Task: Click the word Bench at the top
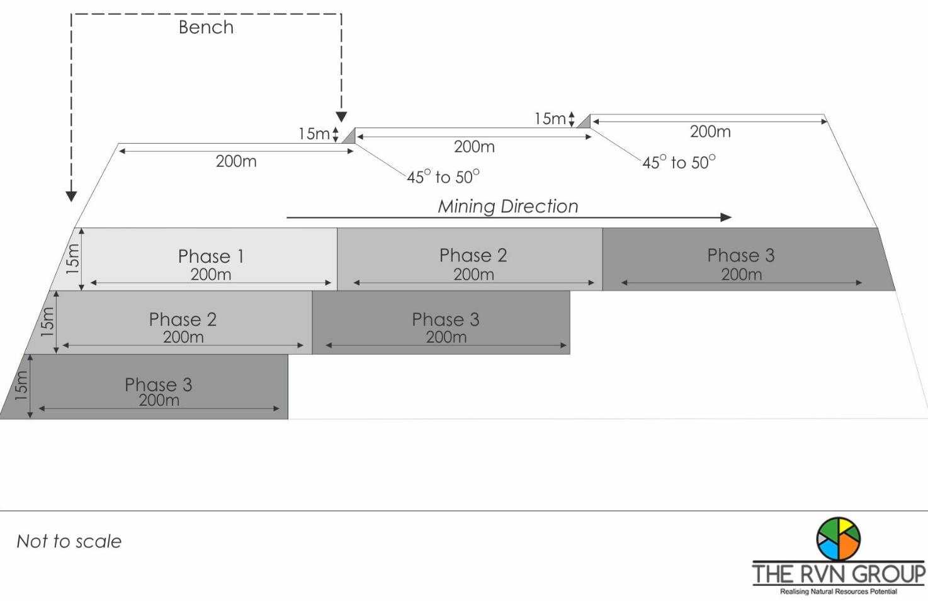(x=206, y=27)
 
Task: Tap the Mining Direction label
(x=507, y=206)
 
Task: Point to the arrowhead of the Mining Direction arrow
(x=726, y=217)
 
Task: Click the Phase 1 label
(x=210, y=256)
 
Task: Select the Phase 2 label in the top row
(x=473, y=255)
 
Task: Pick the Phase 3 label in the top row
(x=740, y=255)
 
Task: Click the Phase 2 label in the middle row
(x=183, y=319)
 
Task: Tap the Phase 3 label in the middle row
(x=445, y=319)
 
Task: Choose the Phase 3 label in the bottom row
(x=158, y=384)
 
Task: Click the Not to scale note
(x=69, y=541)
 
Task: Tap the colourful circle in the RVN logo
(x=838, y=539)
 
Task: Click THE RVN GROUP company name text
(x=839, y=574)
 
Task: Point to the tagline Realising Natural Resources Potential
(x=838, y=592)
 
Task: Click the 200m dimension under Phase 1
(x=210, y=275)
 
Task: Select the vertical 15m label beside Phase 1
(x=73, y=258)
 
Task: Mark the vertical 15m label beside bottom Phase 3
(x=21, y=386)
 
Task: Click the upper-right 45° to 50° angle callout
(x=679, y=163)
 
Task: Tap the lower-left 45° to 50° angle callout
(x=443, y=177)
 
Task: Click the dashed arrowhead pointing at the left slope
(x=71, y=197)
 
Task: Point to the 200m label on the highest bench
(x=710, y=132)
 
